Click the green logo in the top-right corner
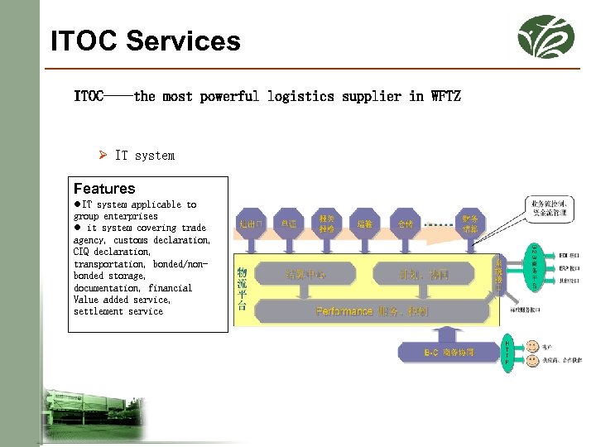[x=546, y=36]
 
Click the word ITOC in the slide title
[x=83, y=41]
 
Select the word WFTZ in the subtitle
[x=445, y=96]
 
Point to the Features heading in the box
[x=104, y=189]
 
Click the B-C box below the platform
[x=449, y=353]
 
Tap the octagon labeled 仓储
[x=405, y=223]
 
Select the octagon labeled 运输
[x=365, y=223]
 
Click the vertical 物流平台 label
[x=242, y=286]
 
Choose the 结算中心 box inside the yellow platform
[x=305, y=274]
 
